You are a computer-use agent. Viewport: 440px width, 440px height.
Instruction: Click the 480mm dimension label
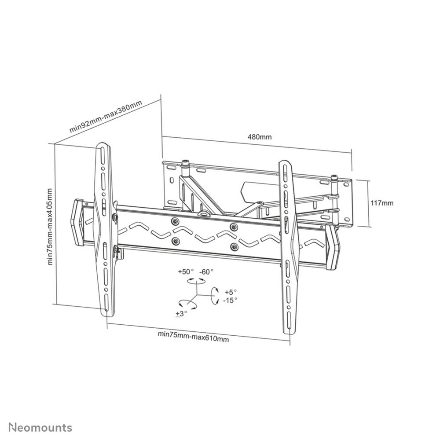pyautogui.click(x=260, y=137)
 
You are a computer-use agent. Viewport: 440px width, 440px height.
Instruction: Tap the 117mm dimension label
pyautogui.click(x=382, y=203)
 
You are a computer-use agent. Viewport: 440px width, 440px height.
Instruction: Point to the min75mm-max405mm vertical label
pyautogui.click(x=50, y=227)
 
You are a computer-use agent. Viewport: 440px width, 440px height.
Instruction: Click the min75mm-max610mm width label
pyautogui.click(x=193, y=337)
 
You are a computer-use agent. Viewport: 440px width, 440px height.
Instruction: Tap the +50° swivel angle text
pyautogui.click(x=186, y=271)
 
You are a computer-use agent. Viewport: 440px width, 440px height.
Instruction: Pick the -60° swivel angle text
pyautogui.click(x=206, y=271)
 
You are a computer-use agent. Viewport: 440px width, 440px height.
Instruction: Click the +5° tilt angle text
pyautogui.click(x=231, y=292)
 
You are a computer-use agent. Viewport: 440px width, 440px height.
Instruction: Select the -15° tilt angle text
pyautogui.click(x=231, y=300)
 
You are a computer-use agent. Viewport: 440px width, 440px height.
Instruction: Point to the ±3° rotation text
pyautogui.click(x=181, y=314)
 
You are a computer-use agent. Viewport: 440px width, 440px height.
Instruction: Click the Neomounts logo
pyautogui.click(x=40, y=428)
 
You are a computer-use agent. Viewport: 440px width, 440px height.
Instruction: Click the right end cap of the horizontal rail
pyautogui.click(x=333, y=247)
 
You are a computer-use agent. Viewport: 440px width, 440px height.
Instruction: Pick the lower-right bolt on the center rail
pyautogui.click(x=234, y=247)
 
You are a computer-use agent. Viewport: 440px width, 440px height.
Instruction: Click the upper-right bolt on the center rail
pyautogui.click(x=234, y=227)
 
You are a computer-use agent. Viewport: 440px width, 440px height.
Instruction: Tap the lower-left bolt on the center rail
pyautogui.click(x=176, y=241)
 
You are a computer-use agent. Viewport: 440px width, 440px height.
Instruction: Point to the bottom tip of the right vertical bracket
pyautogui.click(x=290, y=334)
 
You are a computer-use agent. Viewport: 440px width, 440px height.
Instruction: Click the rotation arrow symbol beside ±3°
pyautogui.click(x=186, y=303)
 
